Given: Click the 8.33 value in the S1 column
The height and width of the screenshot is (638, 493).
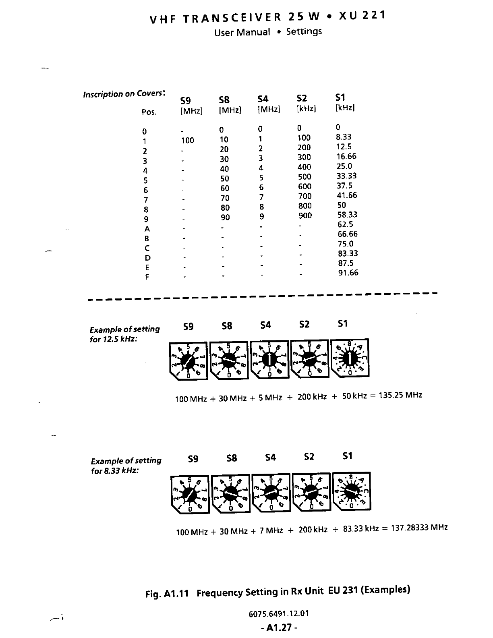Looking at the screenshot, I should coord(344,137).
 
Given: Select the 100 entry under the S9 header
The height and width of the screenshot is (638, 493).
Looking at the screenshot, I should coord(187,141).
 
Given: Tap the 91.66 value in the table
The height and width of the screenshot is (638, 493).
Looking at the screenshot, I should coord(348,273).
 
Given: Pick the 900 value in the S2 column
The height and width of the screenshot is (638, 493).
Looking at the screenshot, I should coord(305,215).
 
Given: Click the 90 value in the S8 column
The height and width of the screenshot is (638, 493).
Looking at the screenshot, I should coord(225,217).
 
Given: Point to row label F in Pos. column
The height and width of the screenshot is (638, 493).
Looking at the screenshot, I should coord(147,277).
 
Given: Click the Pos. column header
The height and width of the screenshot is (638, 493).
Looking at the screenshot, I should coord(149,112).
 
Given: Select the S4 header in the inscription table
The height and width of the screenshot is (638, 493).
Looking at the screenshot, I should coord(263,99).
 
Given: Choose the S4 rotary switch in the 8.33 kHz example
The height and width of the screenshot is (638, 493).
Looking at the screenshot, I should coord(271,493).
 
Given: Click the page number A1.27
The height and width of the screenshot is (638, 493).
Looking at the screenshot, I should coord(279,628).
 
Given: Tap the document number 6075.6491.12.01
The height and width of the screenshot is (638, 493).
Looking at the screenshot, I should coord(278,614).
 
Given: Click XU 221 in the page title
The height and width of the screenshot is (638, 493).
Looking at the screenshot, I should coord(362,16).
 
